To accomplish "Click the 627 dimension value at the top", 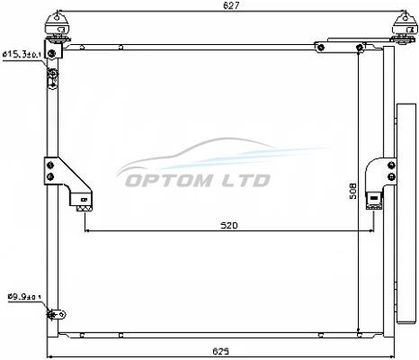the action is (231, 5).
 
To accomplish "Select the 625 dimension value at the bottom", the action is (220, 351).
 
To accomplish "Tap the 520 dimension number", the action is (229, 225).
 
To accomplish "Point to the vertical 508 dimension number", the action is (353, 191).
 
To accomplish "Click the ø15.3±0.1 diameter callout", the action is (22, 54).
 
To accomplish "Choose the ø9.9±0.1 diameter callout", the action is (24, 297).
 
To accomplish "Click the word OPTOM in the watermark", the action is (168, 180).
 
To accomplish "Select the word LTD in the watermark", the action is (245, 180).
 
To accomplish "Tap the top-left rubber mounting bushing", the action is (57, 26).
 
